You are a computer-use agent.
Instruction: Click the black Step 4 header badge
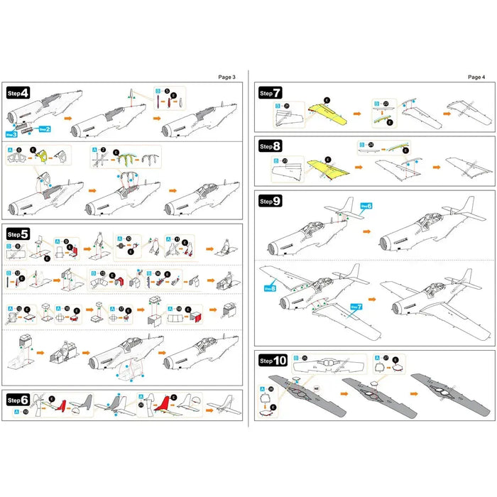click(18, 93)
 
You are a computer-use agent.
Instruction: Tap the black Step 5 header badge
click(18, 233)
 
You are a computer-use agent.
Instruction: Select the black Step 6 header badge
click(18, 400)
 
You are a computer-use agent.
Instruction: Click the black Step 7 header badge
click(271, 93)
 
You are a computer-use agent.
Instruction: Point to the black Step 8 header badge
click(271, 146)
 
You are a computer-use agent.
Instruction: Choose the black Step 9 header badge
click(271, 201)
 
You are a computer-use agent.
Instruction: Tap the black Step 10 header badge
click(273, 361)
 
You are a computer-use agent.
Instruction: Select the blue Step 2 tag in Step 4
click(44, 129)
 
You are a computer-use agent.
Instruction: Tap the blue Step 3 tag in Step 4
click(11, 133)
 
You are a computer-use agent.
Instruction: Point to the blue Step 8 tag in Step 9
click(270, 288)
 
